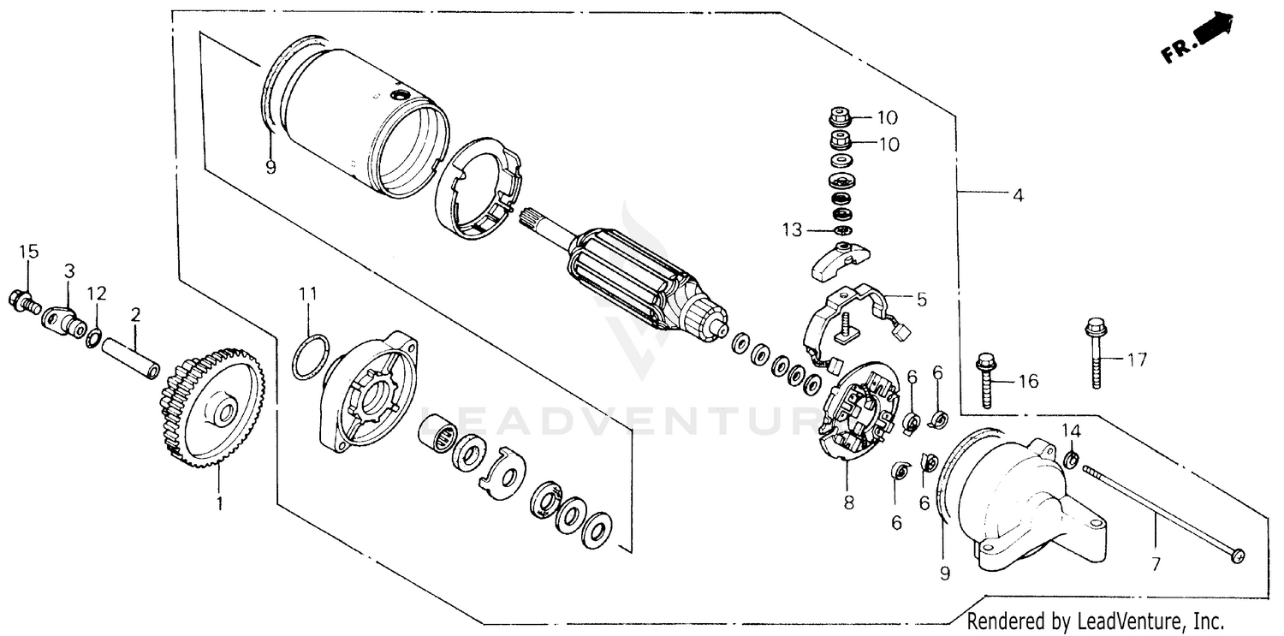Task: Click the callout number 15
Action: pos(29,251)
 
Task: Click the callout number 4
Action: pos(1017,195)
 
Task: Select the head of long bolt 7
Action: pos(1235,556)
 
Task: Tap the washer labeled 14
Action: pos(1072,461)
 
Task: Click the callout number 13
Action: pos(793,229)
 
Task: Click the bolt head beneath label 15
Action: pos(21,299)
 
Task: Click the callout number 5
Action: pos(921,300)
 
